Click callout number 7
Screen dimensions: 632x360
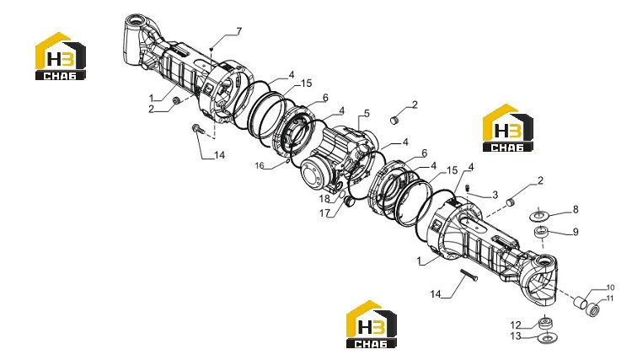(x=239, y=31)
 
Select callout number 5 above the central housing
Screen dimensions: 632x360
(x=367, y=114)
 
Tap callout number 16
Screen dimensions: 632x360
(x=260, y=165)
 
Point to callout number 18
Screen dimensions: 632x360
(x=324, y=199)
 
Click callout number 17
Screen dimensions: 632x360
(x=325, y=212)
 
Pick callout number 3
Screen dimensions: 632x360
(x=495, y=195)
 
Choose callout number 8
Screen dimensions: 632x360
(x=576, y=209)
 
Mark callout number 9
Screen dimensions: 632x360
(x=576, y=232)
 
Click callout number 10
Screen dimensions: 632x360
(x=610, y=287)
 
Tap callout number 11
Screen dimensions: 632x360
(x=610, y=298)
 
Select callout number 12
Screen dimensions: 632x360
(x=516, y=325)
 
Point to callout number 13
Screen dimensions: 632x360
(x=516, y=336)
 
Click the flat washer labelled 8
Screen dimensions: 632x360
(x=539, y=216)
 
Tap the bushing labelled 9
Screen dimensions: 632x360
(x=542, y=233)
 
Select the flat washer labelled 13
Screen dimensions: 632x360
(x=547, y=337)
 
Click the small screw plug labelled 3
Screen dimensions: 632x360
(x=468, y=188)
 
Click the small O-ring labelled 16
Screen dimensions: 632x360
(x=287, y=161)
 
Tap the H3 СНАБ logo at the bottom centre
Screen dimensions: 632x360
(x=372, y=324)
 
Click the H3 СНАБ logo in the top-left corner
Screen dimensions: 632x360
(x=61, y=56)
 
